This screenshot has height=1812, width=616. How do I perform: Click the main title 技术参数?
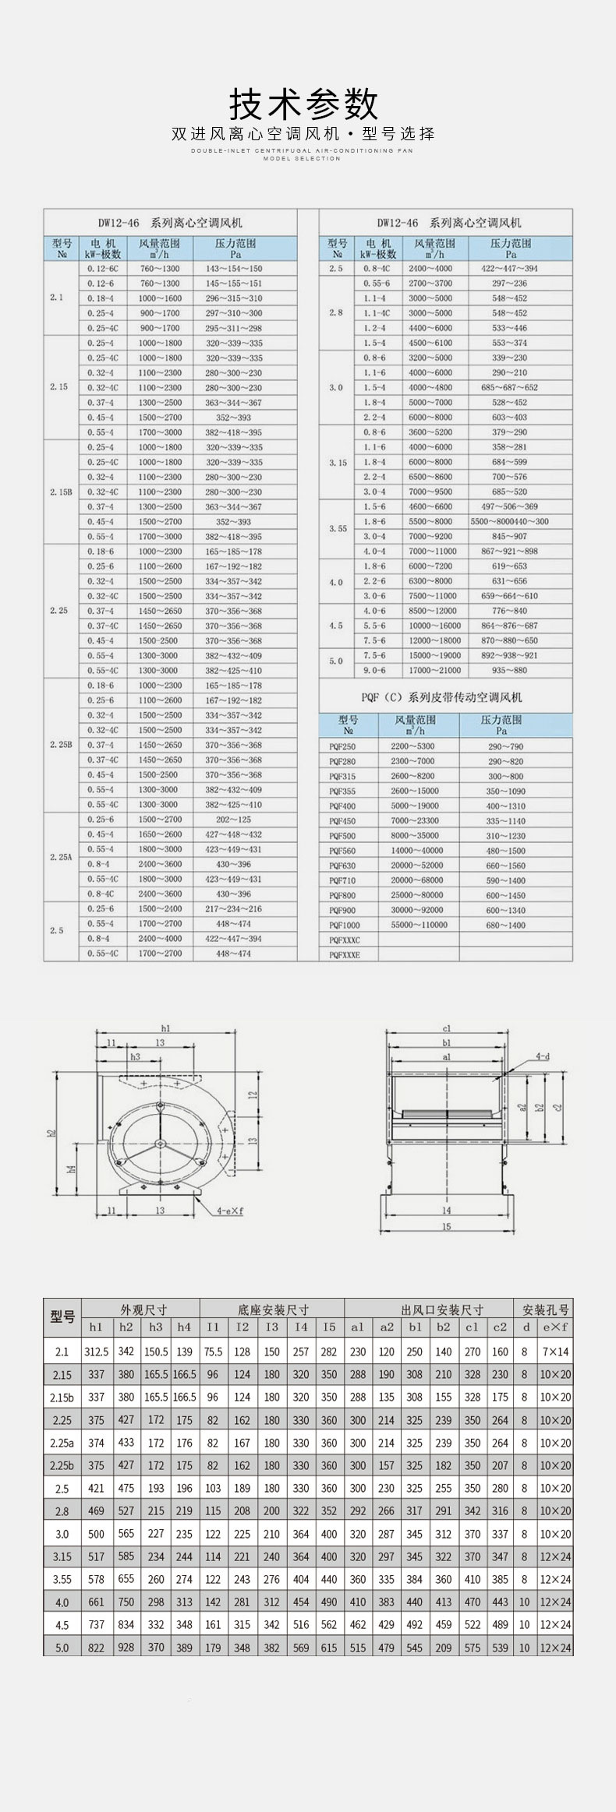(303, 104)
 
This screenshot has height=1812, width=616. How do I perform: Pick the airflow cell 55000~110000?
(420, 925)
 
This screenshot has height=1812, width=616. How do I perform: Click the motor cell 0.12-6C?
(101, 269)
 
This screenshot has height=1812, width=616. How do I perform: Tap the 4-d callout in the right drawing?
(543, 1057)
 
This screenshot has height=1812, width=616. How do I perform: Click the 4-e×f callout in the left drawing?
(230, 1211)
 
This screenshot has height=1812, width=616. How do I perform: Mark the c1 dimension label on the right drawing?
(447, 1029)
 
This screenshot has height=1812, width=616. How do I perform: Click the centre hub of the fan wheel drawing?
(158, 1143)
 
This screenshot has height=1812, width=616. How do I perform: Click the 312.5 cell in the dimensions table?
(97, 1352)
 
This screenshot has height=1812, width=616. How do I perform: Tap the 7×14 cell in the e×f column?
(554, 1352)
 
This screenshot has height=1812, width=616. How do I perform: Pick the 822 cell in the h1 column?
(96, 1648)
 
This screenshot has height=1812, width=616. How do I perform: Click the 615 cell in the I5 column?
(329, 1648)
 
